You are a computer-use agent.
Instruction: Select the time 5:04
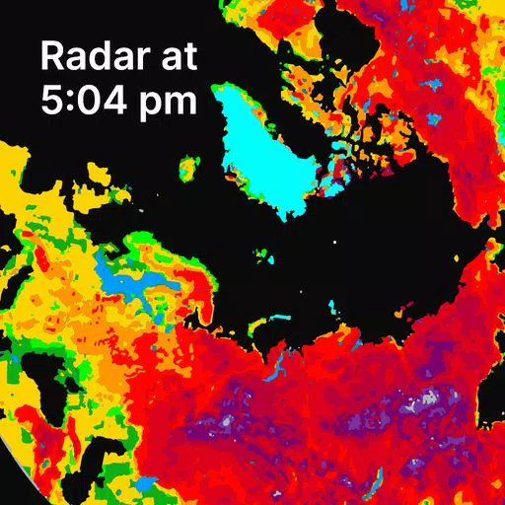tap(90, 100)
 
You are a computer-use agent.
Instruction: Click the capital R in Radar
tap(53, 56)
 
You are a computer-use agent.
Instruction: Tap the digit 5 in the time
tap(52, 100)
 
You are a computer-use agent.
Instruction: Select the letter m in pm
tap(180, 103)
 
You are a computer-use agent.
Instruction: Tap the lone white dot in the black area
tap(334, 241)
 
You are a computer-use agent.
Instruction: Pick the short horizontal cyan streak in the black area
tap(280, 318)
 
